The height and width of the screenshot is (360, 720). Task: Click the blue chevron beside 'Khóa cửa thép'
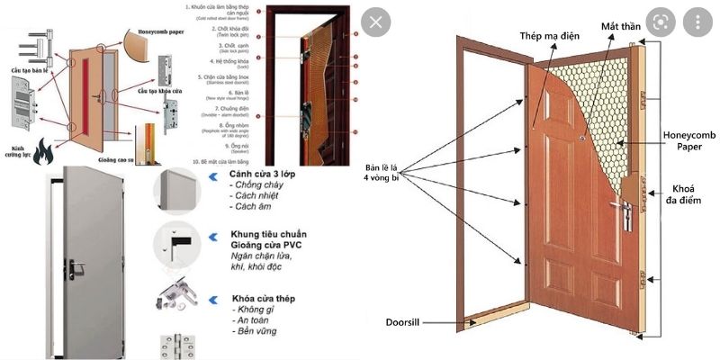click(212, 298)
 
